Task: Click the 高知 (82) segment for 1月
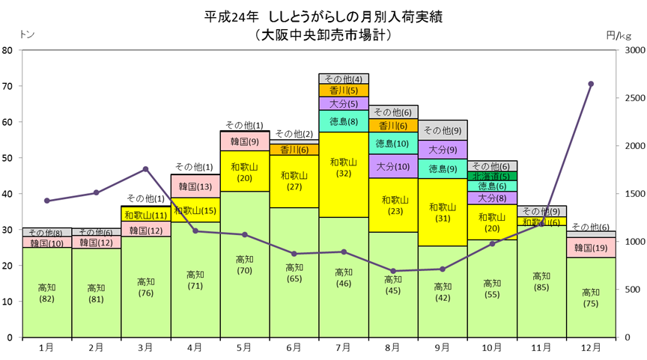pos(46,293)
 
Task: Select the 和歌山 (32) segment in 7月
pos(344,174)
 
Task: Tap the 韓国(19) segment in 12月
pos(591,248)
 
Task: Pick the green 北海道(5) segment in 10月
pos(492,176)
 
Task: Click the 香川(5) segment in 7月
pos(344,91)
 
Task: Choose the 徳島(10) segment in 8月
pos(393,143)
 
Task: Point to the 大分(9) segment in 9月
pos(443,149)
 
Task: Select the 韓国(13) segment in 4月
pos(195,186)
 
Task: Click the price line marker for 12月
pos(591,84)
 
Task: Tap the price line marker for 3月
pos(146,169)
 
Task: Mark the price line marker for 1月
pos(46,201)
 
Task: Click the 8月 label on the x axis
pos(393,348)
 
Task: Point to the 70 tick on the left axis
pos(7,86)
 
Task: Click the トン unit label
pos(27,34)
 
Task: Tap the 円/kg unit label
pos(619,36)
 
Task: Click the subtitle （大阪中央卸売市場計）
pos(323,34)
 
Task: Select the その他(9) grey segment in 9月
pos(443,130)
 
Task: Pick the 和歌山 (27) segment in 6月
pos(294,181)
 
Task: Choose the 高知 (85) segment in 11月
pos(541,281)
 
